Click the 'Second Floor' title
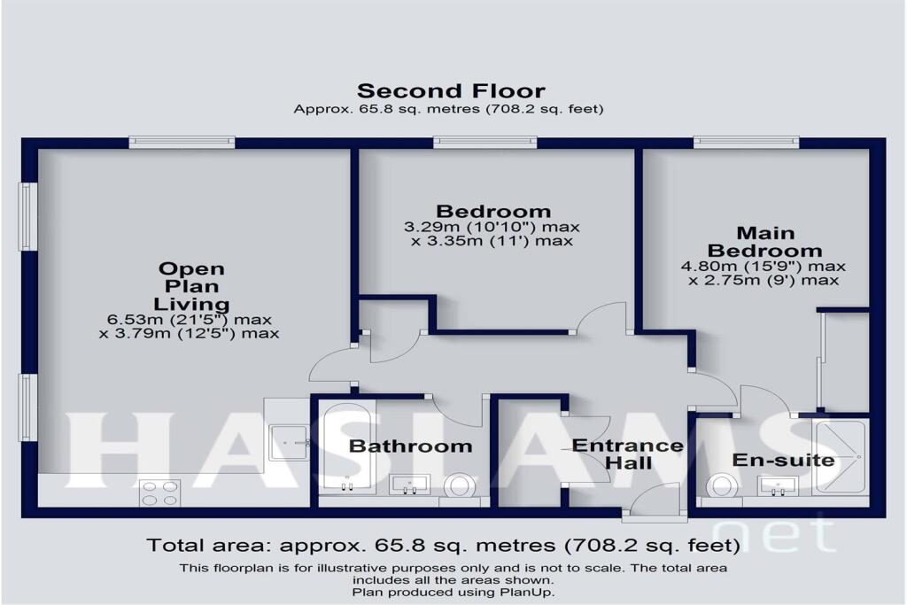(451, 90)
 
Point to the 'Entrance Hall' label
(628, 454)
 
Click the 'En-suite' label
(771, 460)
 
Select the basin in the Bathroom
(410, 484)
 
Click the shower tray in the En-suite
(841, 456)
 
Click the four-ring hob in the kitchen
(159, 493)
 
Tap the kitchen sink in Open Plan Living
(290, 438)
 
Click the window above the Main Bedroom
(746, 142)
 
